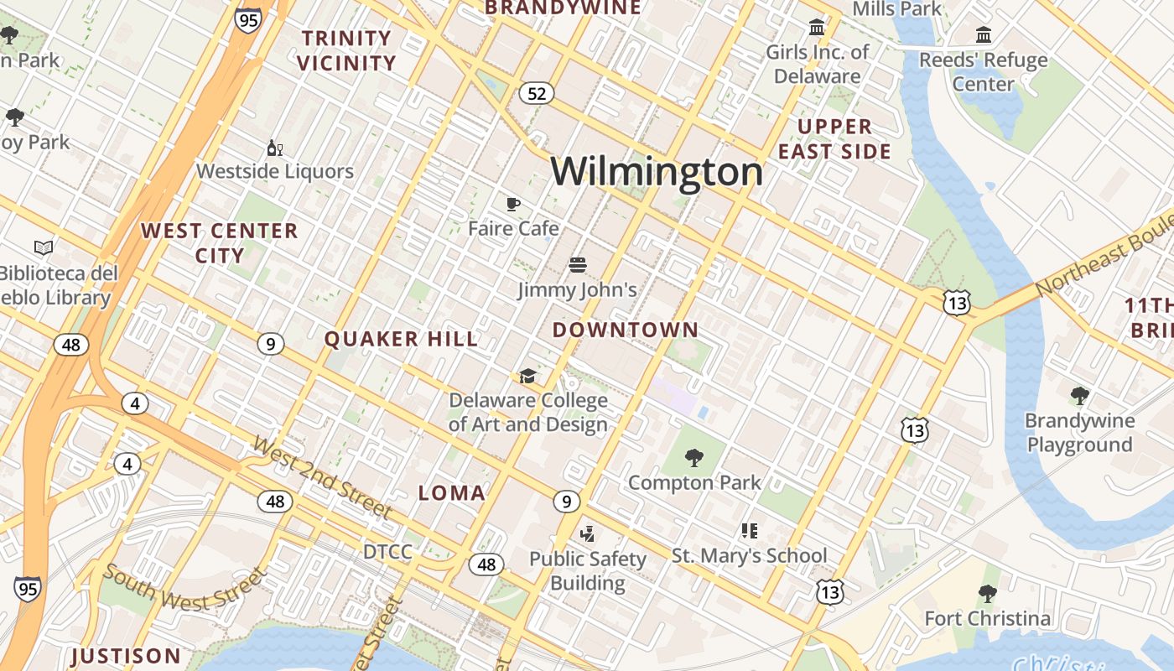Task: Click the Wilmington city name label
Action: click(x=657, y=172)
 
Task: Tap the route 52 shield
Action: click(x=537, y=93)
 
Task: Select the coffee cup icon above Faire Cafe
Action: click(x=513, y=204)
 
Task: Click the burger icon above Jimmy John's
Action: click(x=577, y=266)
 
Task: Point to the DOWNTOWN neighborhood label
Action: click(x=625, y=330)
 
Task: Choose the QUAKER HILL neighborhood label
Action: click(x=401, y=339)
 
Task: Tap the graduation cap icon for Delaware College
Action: click(x=527, y=376)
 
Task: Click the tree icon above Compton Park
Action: click(x=693, y=458)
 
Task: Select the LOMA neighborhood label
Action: click(x=452, y=493)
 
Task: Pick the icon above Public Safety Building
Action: click(x=587, y=533)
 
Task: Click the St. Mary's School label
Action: click(x=749, y=555)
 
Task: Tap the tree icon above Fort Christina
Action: click(x=987, y=594)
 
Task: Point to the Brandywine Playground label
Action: click(x=1080, y=433)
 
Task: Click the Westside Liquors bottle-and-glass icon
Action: click(x=274, y=148)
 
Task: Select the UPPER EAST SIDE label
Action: click(x=834, y=139)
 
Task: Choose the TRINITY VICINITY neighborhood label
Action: click(x=346, y=50)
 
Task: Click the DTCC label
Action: click(x=387, y=552)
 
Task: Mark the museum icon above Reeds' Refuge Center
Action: click(x=984, y=35)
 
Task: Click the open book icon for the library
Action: click(x=44, y=247)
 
